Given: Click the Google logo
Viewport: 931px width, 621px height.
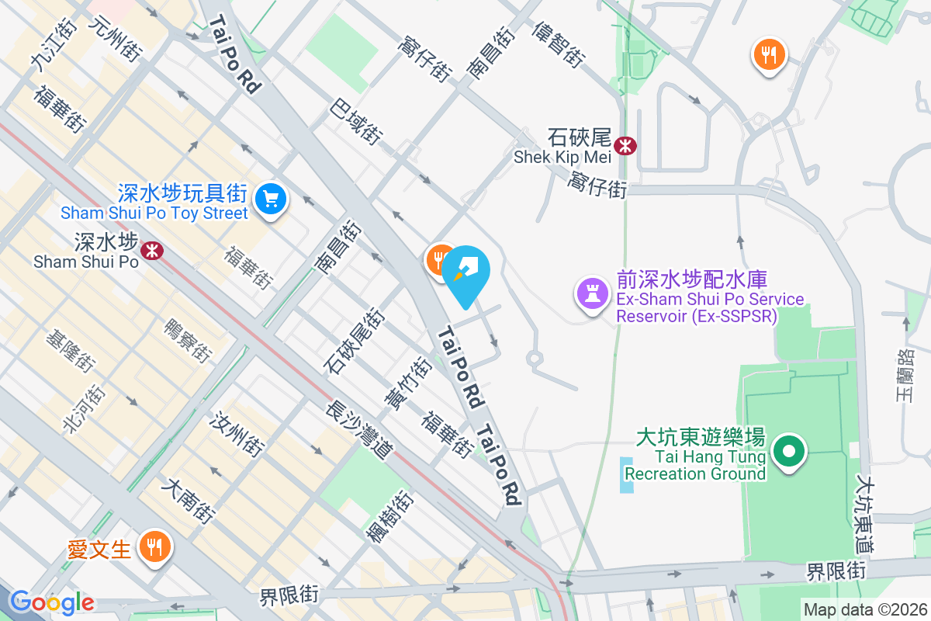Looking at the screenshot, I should tap(52, 602).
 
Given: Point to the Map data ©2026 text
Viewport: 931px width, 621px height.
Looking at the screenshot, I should tap(865, 609).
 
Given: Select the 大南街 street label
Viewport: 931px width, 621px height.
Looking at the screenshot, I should tap(188, 500).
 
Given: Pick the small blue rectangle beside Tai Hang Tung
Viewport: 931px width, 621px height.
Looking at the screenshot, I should tap(627, 475).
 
